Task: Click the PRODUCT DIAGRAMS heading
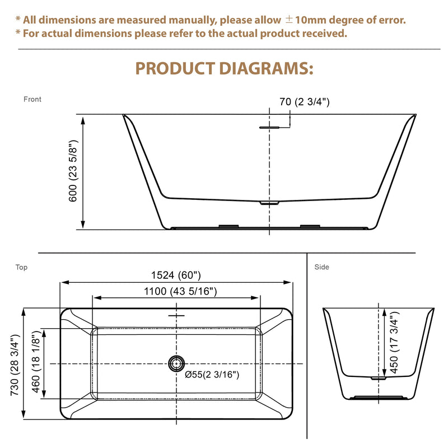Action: click(225, 68)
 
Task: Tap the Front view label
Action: click(32, 99)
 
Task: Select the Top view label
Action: click(21, 267)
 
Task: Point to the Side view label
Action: click(321, 267)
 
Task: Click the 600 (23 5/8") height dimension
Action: click(73, 171)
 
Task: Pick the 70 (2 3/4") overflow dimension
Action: click(305, 102)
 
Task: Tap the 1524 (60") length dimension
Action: click(176, 275)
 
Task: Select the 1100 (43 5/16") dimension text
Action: click(180, 291)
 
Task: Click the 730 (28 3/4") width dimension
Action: click(15, 365)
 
